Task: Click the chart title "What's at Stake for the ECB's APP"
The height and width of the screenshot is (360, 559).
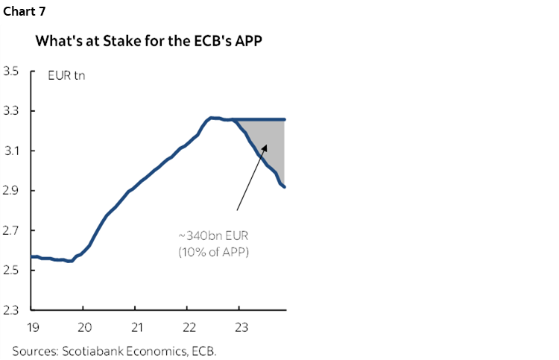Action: click(149, 41)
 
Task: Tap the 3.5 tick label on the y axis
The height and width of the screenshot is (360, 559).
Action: click(11, 72)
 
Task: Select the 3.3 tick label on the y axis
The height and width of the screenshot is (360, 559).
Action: click(11, 112)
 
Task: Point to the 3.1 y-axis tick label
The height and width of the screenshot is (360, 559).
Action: click(11, 151)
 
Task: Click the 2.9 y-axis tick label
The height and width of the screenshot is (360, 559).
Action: click(11, 191)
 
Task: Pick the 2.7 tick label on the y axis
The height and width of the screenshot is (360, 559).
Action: click(11, 230)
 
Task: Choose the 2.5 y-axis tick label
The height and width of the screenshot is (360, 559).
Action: click(11, 270)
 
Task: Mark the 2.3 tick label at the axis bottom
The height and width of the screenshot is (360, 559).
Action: click(11, 309)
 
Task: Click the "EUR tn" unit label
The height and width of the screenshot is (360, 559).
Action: click(66, 76)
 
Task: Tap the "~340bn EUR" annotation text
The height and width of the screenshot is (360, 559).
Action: click(213, 236)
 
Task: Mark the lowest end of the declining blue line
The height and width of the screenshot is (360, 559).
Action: click(284, 187)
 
